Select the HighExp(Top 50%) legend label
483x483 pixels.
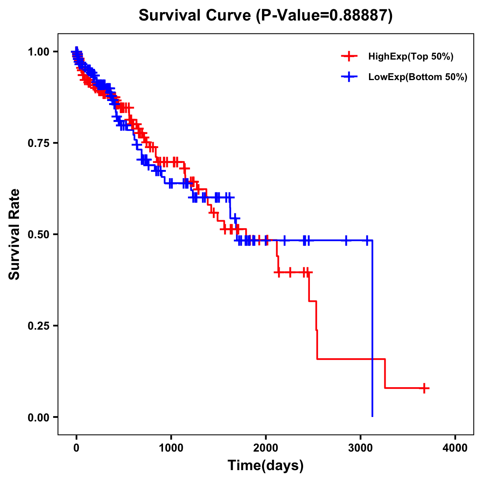411,57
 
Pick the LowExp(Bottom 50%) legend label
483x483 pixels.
418,77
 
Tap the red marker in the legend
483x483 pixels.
349,57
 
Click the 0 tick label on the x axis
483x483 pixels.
76,448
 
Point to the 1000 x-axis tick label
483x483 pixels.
171,448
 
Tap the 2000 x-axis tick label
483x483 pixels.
266,448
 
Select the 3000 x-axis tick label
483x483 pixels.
361,448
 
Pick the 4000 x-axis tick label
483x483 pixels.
455,448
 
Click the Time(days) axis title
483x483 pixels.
266,466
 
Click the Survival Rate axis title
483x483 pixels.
15,234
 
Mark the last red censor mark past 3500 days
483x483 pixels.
424,388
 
